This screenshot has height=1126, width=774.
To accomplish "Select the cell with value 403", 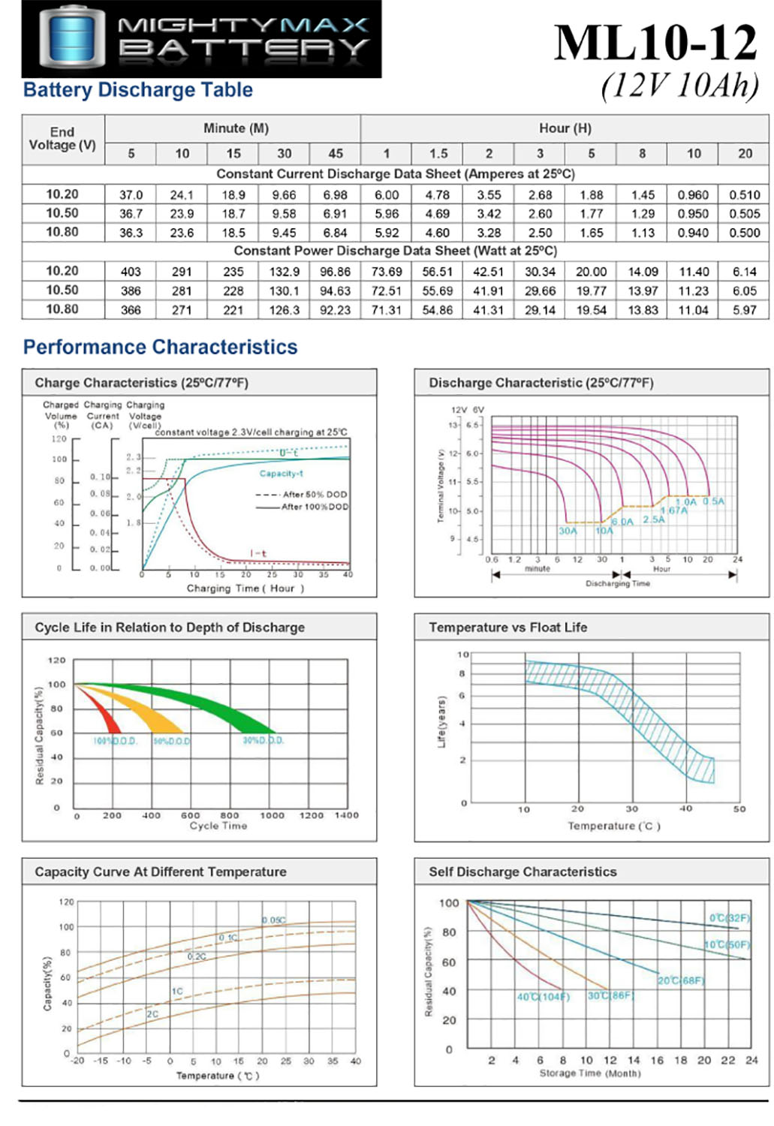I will [131, 272].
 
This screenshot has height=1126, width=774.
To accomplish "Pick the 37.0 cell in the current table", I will [131, 194].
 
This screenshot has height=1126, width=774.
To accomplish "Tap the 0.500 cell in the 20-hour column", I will [744, 233].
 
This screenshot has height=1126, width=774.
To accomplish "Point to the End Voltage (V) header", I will [62, 138].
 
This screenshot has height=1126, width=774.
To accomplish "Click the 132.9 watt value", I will [285, 272].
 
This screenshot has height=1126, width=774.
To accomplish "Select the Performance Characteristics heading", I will [160, 347].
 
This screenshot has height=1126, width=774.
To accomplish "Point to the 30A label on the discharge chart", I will [568, 531].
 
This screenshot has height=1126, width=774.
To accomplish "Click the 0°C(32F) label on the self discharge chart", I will [729, 918].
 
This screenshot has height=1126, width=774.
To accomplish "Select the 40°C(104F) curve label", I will [543, 997].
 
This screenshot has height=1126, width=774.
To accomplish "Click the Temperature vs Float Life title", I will [507, 628].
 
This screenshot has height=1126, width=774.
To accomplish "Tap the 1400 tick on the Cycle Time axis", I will [346, 815].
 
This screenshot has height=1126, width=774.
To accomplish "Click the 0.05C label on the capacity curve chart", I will [273, 920].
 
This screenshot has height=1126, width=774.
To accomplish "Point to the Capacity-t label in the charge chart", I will [282, 474].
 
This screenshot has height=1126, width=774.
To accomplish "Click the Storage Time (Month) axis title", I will [590, 1073].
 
